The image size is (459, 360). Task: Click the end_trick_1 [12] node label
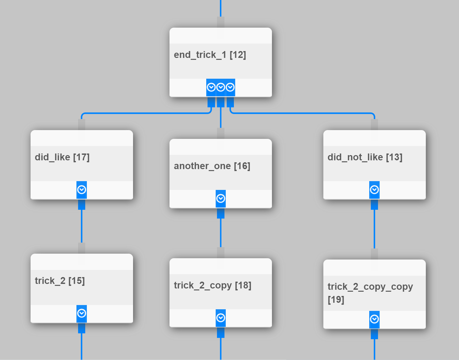210,55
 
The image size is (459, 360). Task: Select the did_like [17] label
62,157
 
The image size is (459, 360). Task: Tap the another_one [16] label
212,166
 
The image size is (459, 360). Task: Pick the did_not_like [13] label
365,157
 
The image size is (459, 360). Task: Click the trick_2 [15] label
60,281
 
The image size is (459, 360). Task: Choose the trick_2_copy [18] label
212,286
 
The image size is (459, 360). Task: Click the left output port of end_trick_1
211,87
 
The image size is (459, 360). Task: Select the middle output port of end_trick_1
221,87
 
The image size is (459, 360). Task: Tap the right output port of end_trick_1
230,87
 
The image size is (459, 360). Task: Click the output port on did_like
82,190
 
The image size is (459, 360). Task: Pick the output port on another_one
221,198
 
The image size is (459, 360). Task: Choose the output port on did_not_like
374,190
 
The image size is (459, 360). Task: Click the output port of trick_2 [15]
82,313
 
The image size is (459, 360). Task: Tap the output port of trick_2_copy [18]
221,318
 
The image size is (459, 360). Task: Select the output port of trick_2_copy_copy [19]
374,319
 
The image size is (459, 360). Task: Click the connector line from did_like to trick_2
82,226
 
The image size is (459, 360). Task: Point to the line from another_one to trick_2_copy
221,233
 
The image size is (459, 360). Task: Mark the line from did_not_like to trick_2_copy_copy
374,229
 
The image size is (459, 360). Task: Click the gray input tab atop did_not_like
374,125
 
